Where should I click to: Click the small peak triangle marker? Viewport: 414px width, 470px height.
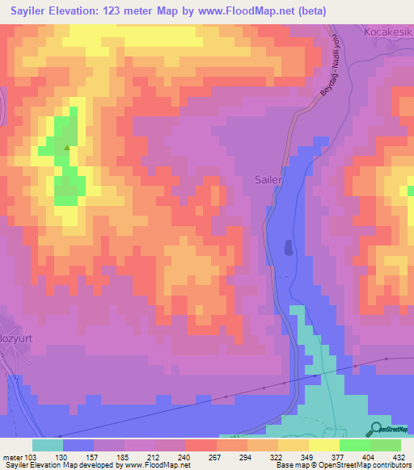66,148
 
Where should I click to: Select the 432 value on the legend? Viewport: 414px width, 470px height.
399,455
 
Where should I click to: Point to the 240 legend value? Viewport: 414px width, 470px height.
185,455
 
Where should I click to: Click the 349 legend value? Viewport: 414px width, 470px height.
308,455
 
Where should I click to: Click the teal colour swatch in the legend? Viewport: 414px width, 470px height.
47,445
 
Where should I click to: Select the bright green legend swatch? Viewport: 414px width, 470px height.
354,445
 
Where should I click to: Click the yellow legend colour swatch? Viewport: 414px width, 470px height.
323,445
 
